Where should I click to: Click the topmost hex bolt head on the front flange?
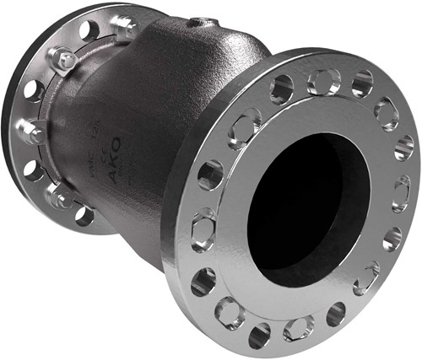click(x=323, y=82)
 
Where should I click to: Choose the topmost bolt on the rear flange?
click(x=122, y=28)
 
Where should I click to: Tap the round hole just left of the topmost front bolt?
click(x=282, y=89)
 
